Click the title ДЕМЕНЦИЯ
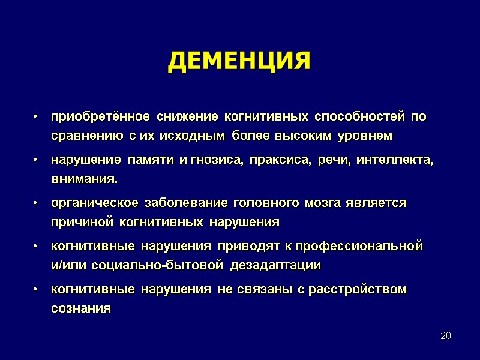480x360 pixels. (239, 61)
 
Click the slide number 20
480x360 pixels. (445, 335)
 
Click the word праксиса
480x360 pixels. (278, 160)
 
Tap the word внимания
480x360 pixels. (85, 179)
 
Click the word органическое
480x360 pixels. (89, 203)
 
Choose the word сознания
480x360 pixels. (81, 309)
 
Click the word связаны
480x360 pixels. (262, 289)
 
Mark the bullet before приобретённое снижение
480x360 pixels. (37, 117)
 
